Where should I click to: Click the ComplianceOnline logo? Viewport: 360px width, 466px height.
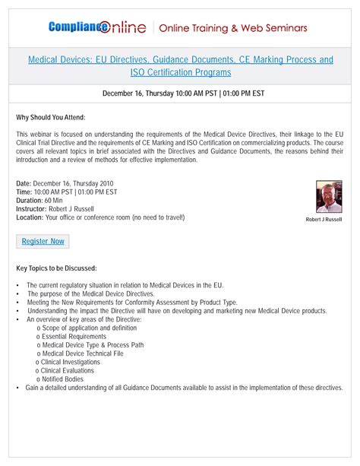(x=99, y=28)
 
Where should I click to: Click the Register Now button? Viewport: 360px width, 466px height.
(x=43, y=241)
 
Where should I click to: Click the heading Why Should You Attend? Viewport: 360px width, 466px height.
(x=50, y=117)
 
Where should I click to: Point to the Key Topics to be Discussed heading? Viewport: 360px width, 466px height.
(x=56, y=268)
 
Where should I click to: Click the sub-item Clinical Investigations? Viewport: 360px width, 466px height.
(x=74, y=361)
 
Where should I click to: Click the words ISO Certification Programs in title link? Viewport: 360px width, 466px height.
(x=180, y=73)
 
